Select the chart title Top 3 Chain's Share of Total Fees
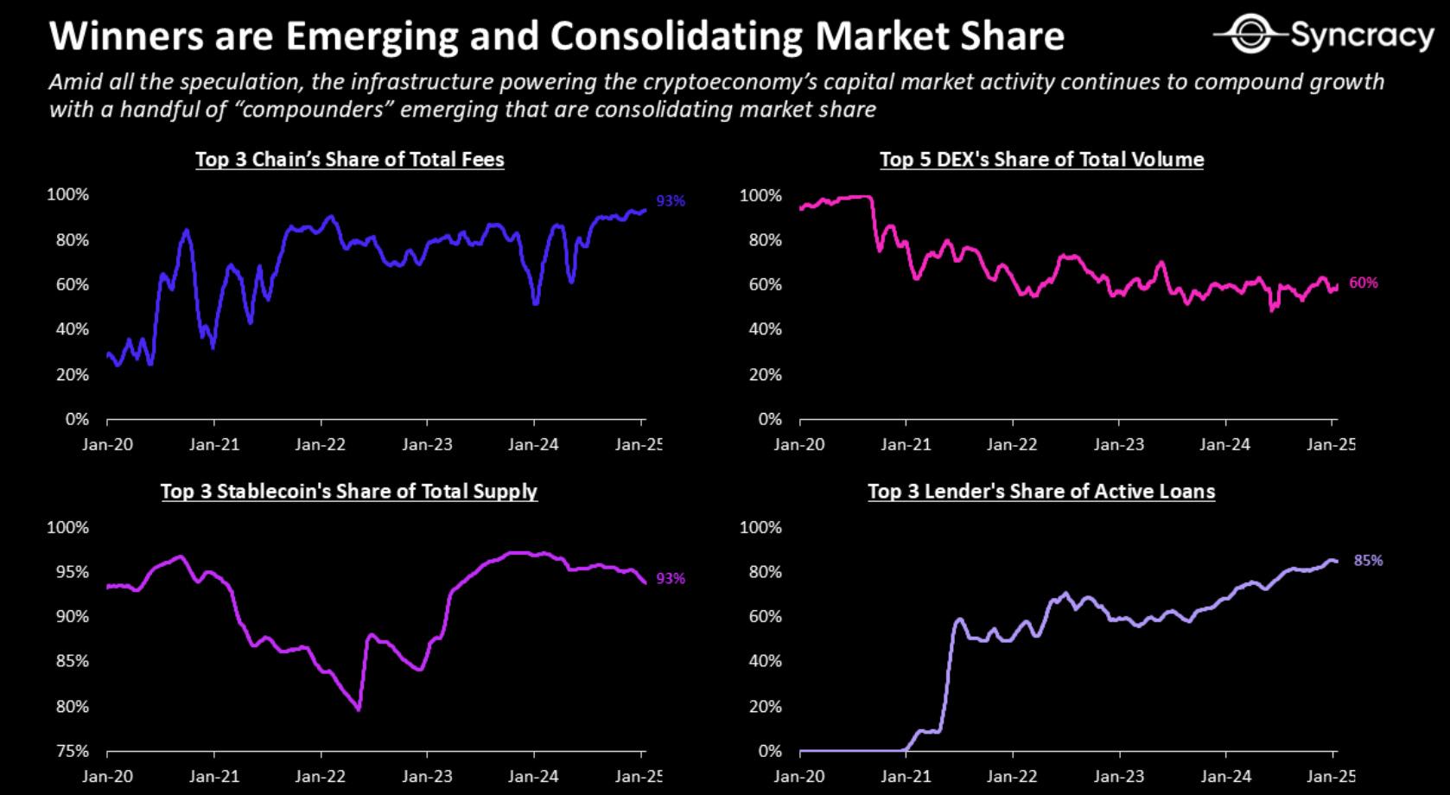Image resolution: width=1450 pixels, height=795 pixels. [350, 160]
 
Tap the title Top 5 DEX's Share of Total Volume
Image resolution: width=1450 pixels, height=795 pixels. [1041, 160]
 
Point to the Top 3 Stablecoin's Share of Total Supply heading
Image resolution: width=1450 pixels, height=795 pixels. [349, 492]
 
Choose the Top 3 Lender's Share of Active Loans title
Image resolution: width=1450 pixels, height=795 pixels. [1041, 492]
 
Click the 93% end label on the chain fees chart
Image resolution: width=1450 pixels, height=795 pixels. [671, 201]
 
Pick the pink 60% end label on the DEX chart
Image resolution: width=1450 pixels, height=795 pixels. [1364, 283]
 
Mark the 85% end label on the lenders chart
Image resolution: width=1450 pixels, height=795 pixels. [1368, 561]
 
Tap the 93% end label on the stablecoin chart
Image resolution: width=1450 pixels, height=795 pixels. [671, 578]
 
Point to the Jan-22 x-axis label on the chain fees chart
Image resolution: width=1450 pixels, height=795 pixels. [321, 444]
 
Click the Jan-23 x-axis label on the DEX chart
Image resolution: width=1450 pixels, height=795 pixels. [1118, 444]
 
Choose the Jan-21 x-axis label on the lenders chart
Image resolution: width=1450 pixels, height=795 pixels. [906, 776]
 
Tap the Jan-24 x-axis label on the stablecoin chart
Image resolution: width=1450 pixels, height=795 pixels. [533, 776]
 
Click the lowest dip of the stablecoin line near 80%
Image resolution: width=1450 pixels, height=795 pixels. [358, 710]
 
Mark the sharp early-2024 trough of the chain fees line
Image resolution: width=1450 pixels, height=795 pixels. [537, 303]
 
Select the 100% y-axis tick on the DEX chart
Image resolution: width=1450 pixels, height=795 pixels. [760, 196]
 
